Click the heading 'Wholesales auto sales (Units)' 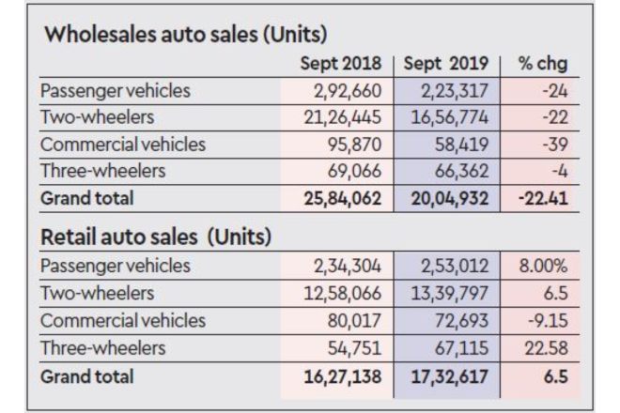[185, 36]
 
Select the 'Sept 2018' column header [340, 65]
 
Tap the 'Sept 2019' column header [447, 65]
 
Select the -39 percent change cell [553, 145]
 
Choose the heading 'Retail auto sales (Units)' [156, 237]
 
